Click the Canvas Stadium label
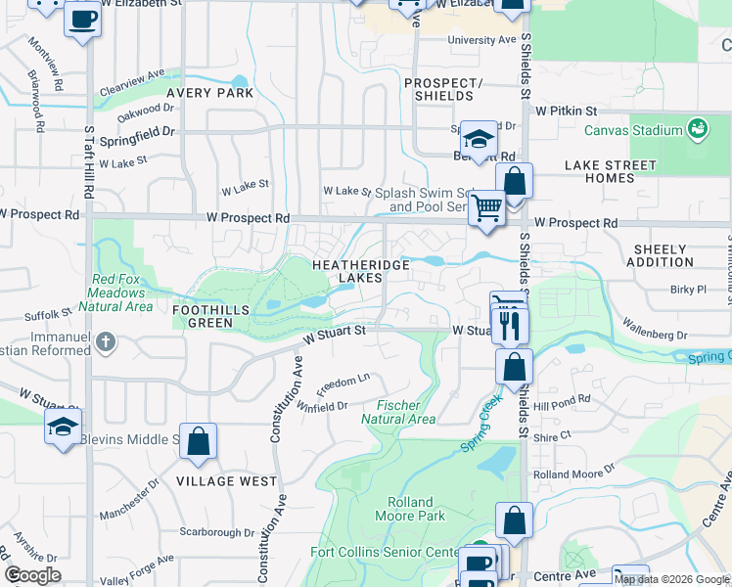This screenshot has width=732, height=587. (633, 131)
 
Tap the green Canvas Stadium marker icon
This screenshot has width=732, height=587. (697, 129)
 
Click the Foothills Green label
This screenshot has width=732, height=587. (203, 316)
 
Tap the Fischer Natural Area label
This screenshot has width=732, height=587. (398, 412)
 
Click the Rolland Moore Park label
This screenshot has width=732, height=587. (409, 509)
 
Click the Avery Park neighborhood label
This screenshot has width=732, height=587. (209, 93)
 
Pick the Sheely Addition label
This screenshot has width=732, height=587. (663, 256)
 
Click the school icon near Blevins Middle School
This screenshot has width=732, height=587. (63, 427)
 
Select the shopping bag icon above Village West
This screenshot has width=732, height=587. (199, 440)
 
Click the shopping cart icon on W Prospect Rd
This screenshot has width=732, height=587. (486, 207)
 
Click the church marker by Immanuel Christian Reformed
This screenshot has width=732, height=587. (107, 342)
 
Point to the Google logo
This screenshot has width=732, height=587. (32, 575)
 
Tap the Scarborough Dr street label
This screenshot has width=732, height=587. (217, 533)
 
